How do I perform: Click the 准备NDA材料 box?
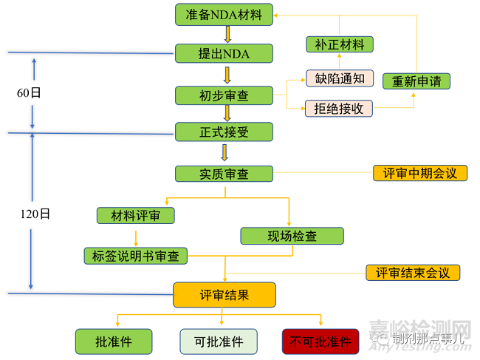pos(224,13)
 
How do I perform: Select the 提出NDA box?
pos(224,53)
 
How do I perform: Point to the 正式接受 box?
pos(224,132)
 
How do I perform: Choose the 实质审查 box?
pos(224,174)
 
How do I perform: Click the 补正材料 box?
pos(340,44)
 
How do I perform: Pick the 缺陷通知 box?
pos(340,78)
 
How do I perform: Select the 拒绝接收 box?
pos(340,109)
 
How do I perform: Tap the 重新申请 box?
pos(416,81)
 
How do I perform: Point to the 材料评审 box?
pos(136,216)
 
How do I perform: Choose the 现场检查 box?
pos(292,237)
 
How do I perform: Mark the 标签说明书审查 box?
pos(136,256)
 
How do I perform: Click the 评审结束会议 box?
pos(413,272)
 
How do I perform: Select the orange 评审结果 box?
pos(224,294)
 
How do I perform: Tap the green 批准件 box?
pos(114,342)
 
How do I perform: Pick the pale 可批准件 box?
pos(219,342)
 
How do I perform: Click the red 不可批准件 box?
pos(320,342)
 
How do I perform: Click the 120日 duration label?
pos(35,214)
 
